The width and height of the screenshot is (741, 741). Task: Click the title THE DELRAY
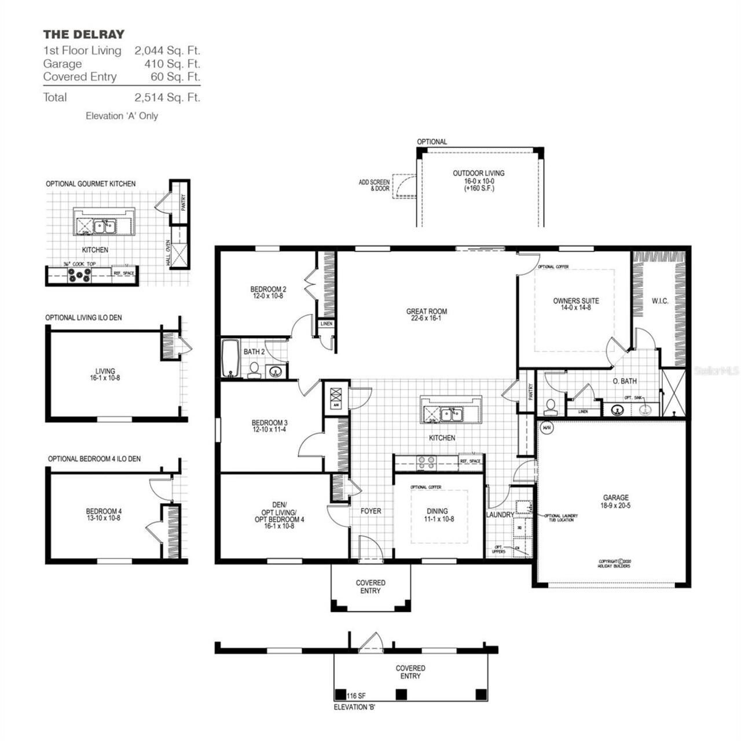[83, 34]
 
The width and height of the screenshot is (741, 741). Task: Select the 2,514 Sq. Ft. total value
[167, 97]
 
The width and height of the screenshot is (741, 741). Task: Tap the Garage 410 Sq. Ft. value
[172, 64]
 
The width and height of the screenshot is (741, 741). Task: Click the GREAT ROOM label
[426, 311]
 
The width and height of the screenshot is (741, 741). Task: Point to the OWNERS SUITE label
[575, 301]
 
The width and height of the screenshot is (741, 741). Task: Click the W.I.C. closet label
[659, 301]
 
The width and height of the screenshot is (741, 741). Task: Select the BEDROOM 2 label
[268, 289]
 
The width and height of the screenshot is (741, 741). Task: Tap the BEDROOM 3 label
[269, 423]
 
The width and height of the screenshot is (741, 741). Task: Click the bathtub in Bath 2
[230, 359]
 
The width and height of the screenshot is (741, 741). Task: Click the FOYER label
[370, 511]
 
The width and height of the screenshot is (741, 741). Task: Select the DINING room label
[437, 511]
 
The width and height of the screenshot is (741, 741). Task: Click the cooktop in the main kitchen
[427, 462]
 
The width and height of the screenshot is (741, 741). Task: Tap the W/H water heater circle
[546, 428]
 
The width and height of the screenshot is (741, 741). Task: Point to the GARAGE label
[615, 498]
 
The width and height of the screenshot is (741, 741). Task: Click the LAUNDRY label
[500, 515]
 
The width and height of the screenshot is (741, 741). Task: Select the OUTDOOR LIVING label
[478, 173]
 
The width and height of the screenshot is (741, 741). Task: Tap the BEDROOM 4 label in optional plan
[104, 511]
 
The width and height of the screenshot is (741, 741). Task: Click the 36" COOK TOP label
[79, 264]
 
